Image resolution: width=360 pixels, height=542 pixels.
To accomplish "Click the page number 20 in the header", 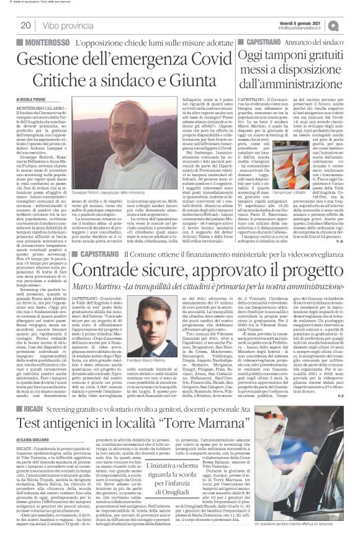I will pos(25,25).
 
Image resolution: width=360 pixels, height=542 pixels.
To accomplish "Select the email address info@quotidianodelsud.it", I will pos(307,28).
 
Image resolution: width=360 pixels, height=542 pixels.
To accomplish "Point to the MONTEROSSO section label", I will pos(42,41).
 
